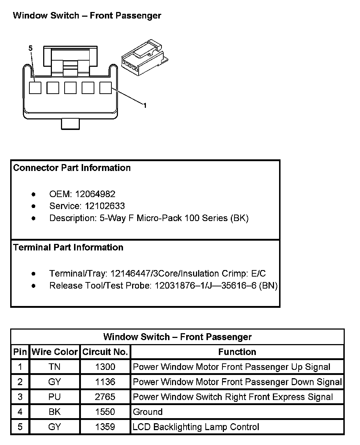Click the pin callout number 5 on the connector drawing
pos(30,48)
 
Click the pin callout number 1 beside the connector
pos(145,106)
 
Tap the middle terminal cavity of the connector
pos(70,88)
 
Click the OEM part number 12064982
pos(95,194)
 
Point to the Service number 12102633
pos(105,206)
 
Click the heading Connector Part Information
pos(72,168)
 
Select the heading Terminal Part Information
pos(68,247)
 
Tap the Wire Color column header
pos(55,352)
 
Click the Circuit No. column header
pos(105,352)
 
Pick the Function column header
pos(237,352)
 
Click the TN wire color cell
pos(54,367)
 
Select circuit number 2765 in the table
pos(105,397)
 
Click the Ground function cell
pos(148,412)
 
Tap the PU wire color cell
pos(54,397)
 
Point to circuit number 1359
pos(105,427)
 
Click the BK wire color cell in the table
pos(54,412)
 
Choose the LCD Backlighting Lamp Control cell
pos(196,427)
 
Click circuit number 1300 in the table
pos(105,367)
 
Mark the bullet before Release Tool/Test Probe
pos(34,286)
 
